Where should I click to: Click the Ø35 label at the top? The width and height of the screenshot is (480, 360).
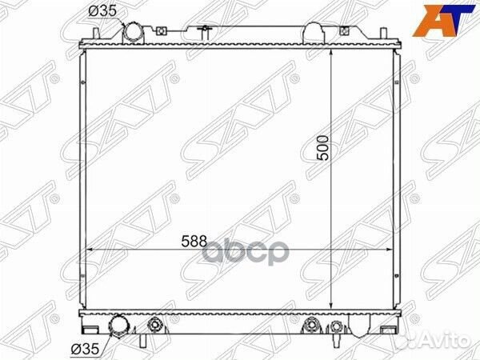coord(102,11)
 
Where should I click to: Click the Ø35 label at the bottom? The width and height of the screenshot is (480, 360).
coord(85,348)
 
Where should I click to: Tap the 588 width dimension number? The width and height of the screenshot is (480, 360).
coord(194,242)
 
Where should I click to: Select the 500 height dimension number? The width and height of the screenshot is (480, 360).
coord(323,148)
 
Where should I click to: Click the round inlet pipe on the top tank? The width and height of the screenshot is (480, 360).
coord(133,33)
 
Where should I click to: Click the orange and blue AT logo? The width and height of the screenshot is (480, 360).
coord(442,21)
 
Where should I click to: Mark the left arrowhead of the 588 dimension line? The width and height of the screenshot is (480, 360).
coord(90,250)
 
